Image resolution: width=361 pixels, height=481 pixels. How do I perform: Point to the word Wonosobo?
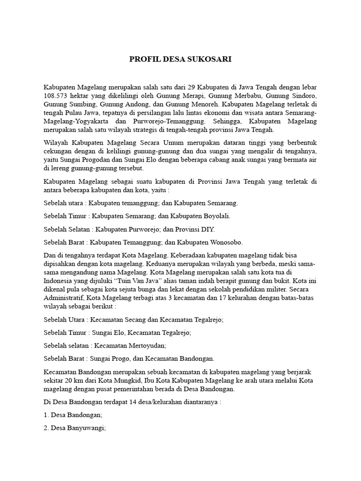point(225,242)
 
